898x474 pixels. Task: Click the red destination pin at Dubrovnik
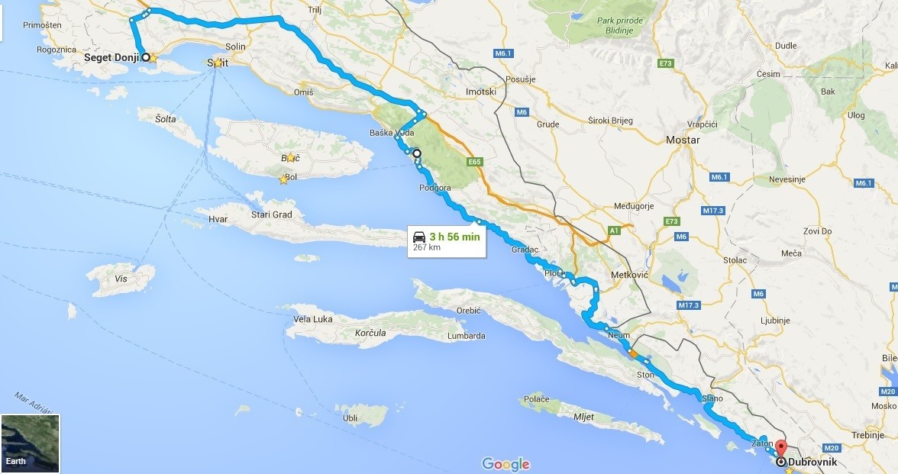tap(780, 448)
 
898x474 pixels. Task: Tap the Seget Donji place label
tap(111, 58)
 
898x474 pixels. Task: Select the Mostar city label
tap(682, 140)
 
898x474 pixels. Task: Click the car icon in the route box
tap(419, 237)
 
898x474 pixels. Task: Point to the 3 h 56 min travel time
tap(455, 237)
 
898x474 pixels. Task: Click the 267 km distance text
tap(427, 247)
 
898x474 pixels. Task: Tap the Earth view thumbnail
tap(30, 443)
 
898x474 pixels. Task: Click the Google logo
tap(506, 464)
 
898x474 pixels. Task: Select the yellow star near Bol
tap(283, 180)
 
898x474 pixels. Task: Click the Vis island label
tap(121, 279)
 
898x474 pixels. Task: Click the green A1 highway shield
tap(613, 230)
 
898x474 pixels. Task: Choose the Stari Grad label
tap(272, 214)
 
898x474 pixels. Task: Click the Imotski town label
tap(481, 92)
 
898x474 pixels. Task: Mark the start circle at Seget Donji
tap(144, 57)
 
